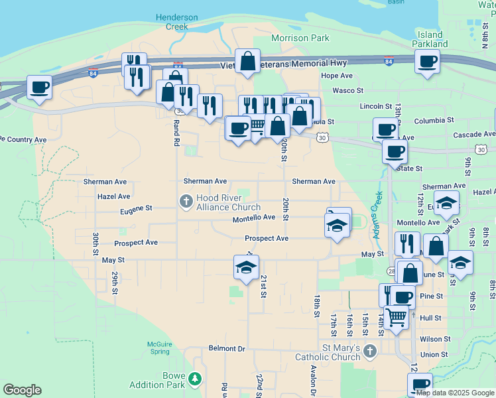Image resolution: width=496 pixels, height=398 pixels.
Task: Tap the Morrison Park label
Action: (x=300, y=38)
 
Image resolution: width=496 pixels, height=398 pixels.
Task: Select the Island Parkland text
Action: (x=430, y=39)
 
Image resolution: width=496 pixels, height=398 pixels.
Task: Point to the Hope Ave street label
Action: (x=336, y=76)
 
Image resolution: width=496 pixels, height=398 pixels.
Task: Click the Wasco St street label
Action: (x=347, y=90)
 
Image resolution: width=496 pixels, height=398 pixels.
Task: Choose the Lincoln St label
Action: (x=376, y=106)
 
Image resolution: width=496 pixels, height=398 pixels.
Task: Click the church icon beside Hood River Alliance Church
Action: (x=186, y=201)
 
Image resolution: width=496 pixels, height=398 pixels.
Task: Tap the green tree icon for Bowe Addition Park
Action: (x=194, y=379)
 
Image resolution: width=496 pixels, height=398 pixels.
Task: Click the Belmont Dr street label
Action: (x=227, y=348)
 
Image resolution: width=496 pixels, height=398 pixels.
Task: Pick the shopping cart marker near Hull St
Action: (x=396, y=317)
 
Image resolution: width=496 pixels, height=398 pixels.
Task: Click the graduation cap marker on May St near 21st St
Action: (x=246, y=267)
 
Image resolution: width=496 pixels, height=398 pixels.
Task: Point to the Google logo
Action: (x=22, y=390)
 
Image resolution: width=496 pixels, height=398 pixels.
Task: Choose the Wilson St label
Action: (x=435, y=338)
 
